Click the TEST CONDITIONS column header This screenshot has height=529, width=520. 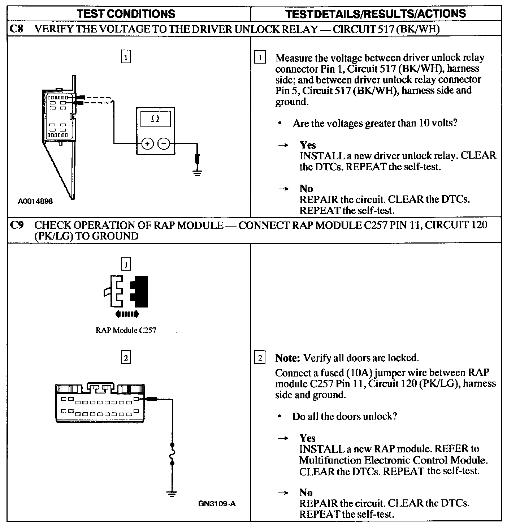[126, 14]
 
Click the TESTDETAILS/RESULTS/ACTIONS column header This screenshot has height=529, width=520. [376, 14]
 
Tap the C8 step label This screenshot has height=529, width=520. [17, 29]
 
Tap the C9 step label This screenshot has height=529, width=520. [17, 225]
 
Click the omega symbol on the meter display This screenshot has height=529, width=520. [155, 119]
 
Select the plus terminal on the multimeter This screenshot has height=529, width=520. [147, 144]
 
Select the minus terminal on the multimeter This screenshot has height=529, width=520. [164, 144]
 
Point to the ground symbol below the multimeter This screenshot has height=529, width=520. [197, 171]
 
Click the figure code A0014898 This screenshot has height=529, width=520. [35, 201]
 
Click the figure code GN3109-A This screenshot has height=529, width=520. [217, 503]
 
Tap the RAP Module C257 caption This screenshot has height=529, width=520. [126, 330]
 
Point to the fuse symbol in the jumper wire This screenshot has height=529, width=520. [172, 453]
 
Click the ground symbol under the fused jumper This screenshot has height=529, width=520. [172, 494]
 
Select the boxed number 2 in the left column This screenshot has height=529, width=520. [125, 358]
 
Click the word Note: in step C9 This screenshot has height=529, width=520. [287, 358]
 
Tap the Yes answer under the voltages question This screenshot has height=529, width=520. [308, 145]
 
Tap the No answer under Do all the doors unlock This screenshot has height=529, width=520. [306, 492]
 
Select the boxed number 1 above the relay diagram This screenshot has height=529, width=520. [125, 57]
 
